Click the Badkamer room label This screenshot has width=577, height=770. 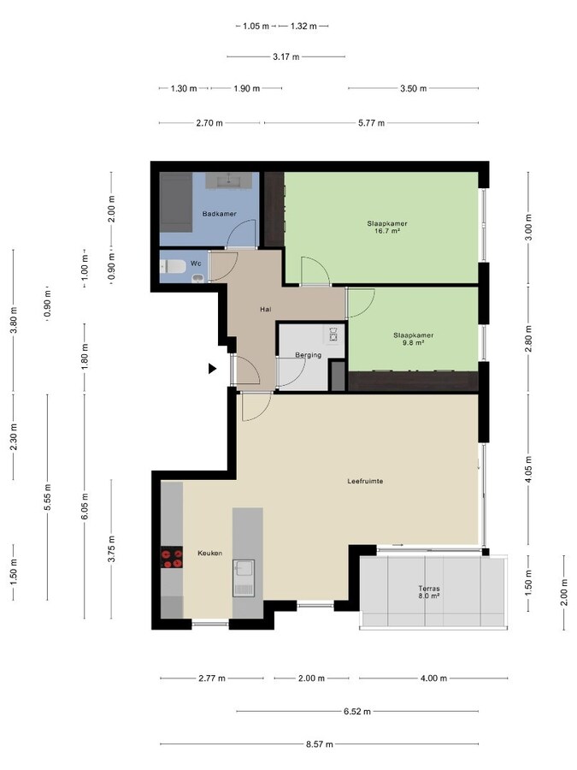point(220,214)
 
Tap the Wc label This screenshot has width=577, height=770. point(196,264)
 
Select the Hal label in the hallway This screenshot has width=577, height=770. point(266,310)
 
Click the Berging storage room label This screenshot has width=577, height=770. point(308,355)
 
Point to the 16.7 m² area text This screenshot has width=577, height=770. point(387,230)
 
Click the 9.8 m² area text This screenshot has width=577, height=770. point(413,343)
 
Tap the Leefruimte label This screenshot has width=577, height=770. point(365,481)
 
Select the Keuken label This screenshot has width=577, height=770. point(210,553)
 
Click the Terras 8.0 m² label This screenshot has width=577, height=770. point(429,592)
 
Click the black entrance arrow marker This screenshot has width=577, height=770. point(212,368)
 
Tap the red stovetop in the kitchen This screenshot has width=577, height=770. point(172,557)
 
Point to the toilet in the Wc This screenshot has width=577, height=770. point(172,267)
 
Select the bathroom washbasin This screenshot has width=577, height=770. point(228,181)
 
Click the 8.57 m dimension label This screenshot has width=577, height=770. point(320,744)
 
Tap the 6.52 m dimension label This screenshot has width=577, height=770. point(356,711)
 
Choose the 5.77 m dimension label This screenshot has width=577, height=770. point(371,122)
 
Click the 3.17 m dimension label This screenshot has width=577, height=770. point(286,57)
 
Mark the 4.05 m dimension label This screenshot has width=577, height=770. point(528,469)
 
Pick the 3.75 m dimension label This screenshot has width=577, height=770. point(111,549)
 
